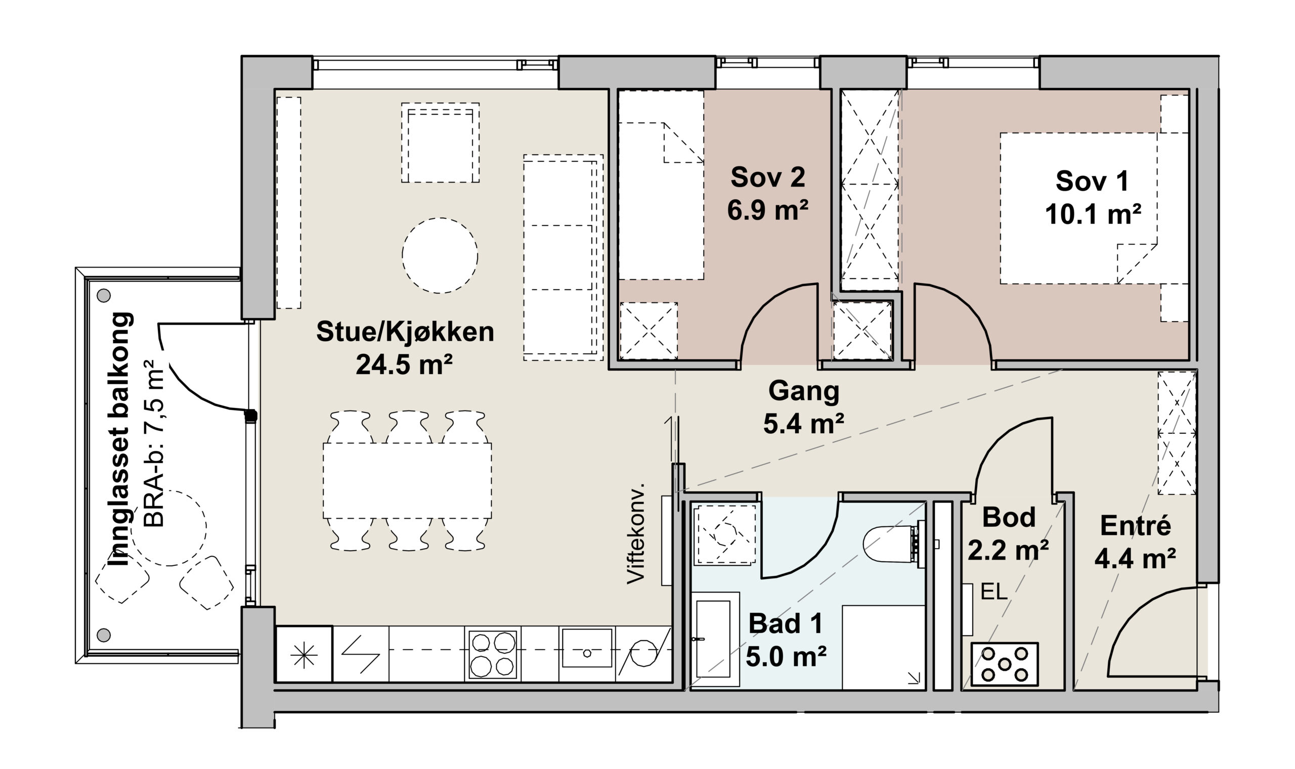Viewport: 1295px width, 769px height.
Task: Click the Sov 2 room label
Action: pos(768,178)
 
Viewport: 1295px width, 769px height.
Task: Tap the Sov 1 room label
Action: pos(1092,182)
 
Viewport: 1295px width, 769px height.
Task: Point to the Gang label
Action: pos(803,391)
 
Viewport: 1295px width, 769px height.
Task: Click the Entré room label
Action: pos(1135,526)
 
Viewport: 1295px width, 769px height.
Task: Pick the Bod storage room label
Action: pos(1009,517)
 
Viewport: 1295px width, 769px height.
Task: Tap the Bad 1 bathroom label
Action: pos(786,623)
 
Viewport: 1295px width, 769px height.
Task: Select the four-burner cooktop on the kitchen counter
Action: pos(493,654)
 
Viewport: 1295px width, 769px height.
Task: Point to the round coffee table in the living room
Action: pos(440,255)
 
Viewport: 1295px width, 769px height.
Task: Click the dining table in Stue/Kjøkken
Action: pos(408,480)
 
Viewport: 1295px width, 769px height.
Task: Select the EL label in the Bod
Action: pos(994,592)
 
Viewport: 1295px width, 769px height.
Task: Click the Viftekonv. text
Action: pos(635,534)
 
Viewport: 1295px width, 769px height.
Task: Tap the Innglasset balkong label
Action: pos(120,439)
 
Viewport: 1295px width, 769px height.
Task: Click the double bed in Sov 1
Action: pos(1094,208)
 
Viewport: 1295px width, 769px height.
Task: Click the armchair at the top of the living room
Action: pos(440,143)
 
